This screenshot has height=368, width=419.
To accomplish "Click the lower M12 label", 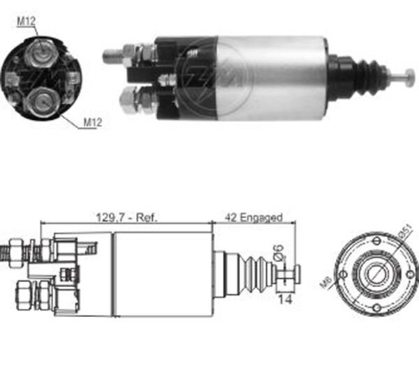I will click(93, 123).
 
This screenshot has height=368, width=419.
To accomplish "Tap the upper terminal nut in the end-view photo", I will click(40, 51).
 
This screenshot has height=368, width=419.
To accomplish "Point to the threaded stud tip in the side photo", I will click(109, 56).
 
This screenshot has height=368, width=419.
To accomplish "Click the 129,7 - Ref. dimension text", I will click(126, 217).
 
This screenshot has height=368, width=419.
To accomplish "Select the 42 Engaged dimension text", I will click(254, 217).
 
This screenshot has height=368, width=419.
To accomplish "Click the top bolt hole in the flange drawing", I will click(376, 240).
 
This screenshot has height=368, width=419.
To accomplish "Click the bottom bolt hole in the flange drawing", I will click(376, 308).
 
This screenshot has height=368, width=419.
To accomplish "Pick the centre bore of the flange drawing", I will click(376, 273).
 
